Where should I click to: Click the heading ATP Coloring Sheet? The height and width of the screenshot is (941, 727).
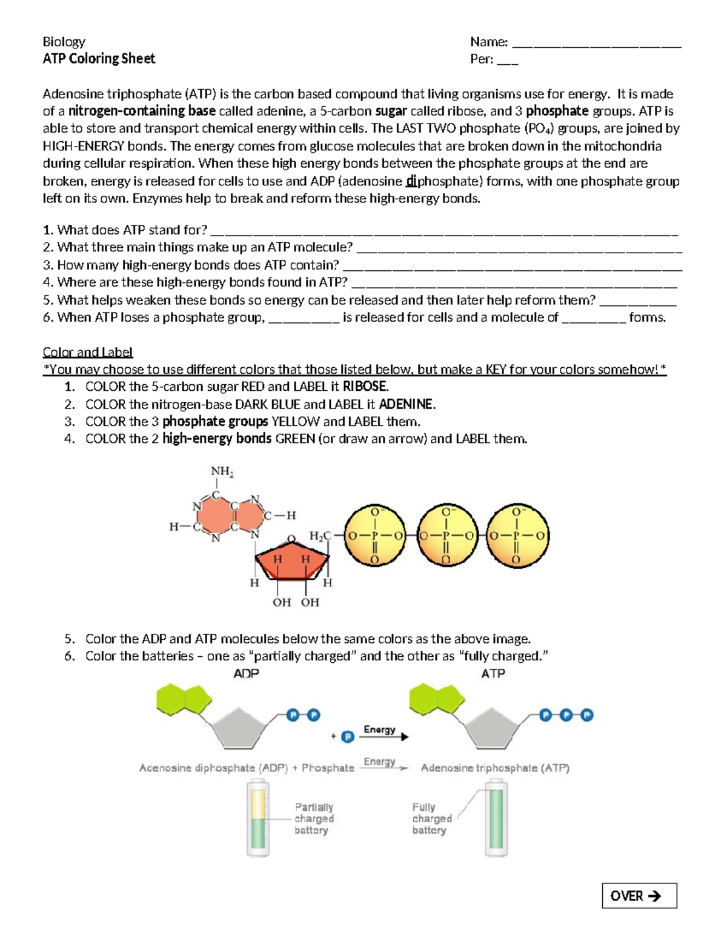coord(99,59)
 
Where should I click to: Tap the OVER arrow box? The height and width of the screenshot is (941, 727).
coord(639,896)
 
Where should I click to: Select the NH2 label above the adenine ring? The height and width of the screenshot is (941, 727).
coord(222,471)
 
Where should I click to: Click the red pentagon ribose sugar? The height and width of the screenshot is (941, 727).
coord(292,561)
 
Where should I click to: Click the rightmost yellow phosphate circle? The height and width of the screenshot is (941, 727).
coord(517,536)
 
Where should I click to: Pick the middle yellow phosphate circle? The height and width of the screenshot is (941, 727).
coord(447,536)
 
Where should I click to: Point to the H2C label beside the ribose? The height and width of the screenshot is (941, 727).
coord(320,536)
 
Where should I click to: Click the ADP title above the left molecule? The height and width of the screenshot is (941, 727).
coord(246,673)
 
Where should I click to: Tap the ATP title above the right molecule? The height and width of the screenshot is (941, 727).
coord(493,673)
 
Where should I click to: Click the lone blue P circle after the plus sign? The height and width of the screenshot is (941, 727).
coord(348,737)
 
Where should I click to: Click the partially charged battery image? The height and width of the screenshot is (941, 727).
coord(258,817)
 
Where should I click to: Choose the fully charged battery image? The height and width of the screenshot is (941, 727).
coord(496,817)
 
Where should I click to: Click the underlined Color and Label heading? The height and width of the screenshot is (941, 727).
coord(87,352)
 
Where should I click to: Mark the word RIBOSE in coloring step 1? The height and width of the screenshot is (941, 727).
coord(365,387)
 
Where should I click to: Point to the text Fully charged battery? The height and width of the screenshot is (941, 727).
coord(431,819)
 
